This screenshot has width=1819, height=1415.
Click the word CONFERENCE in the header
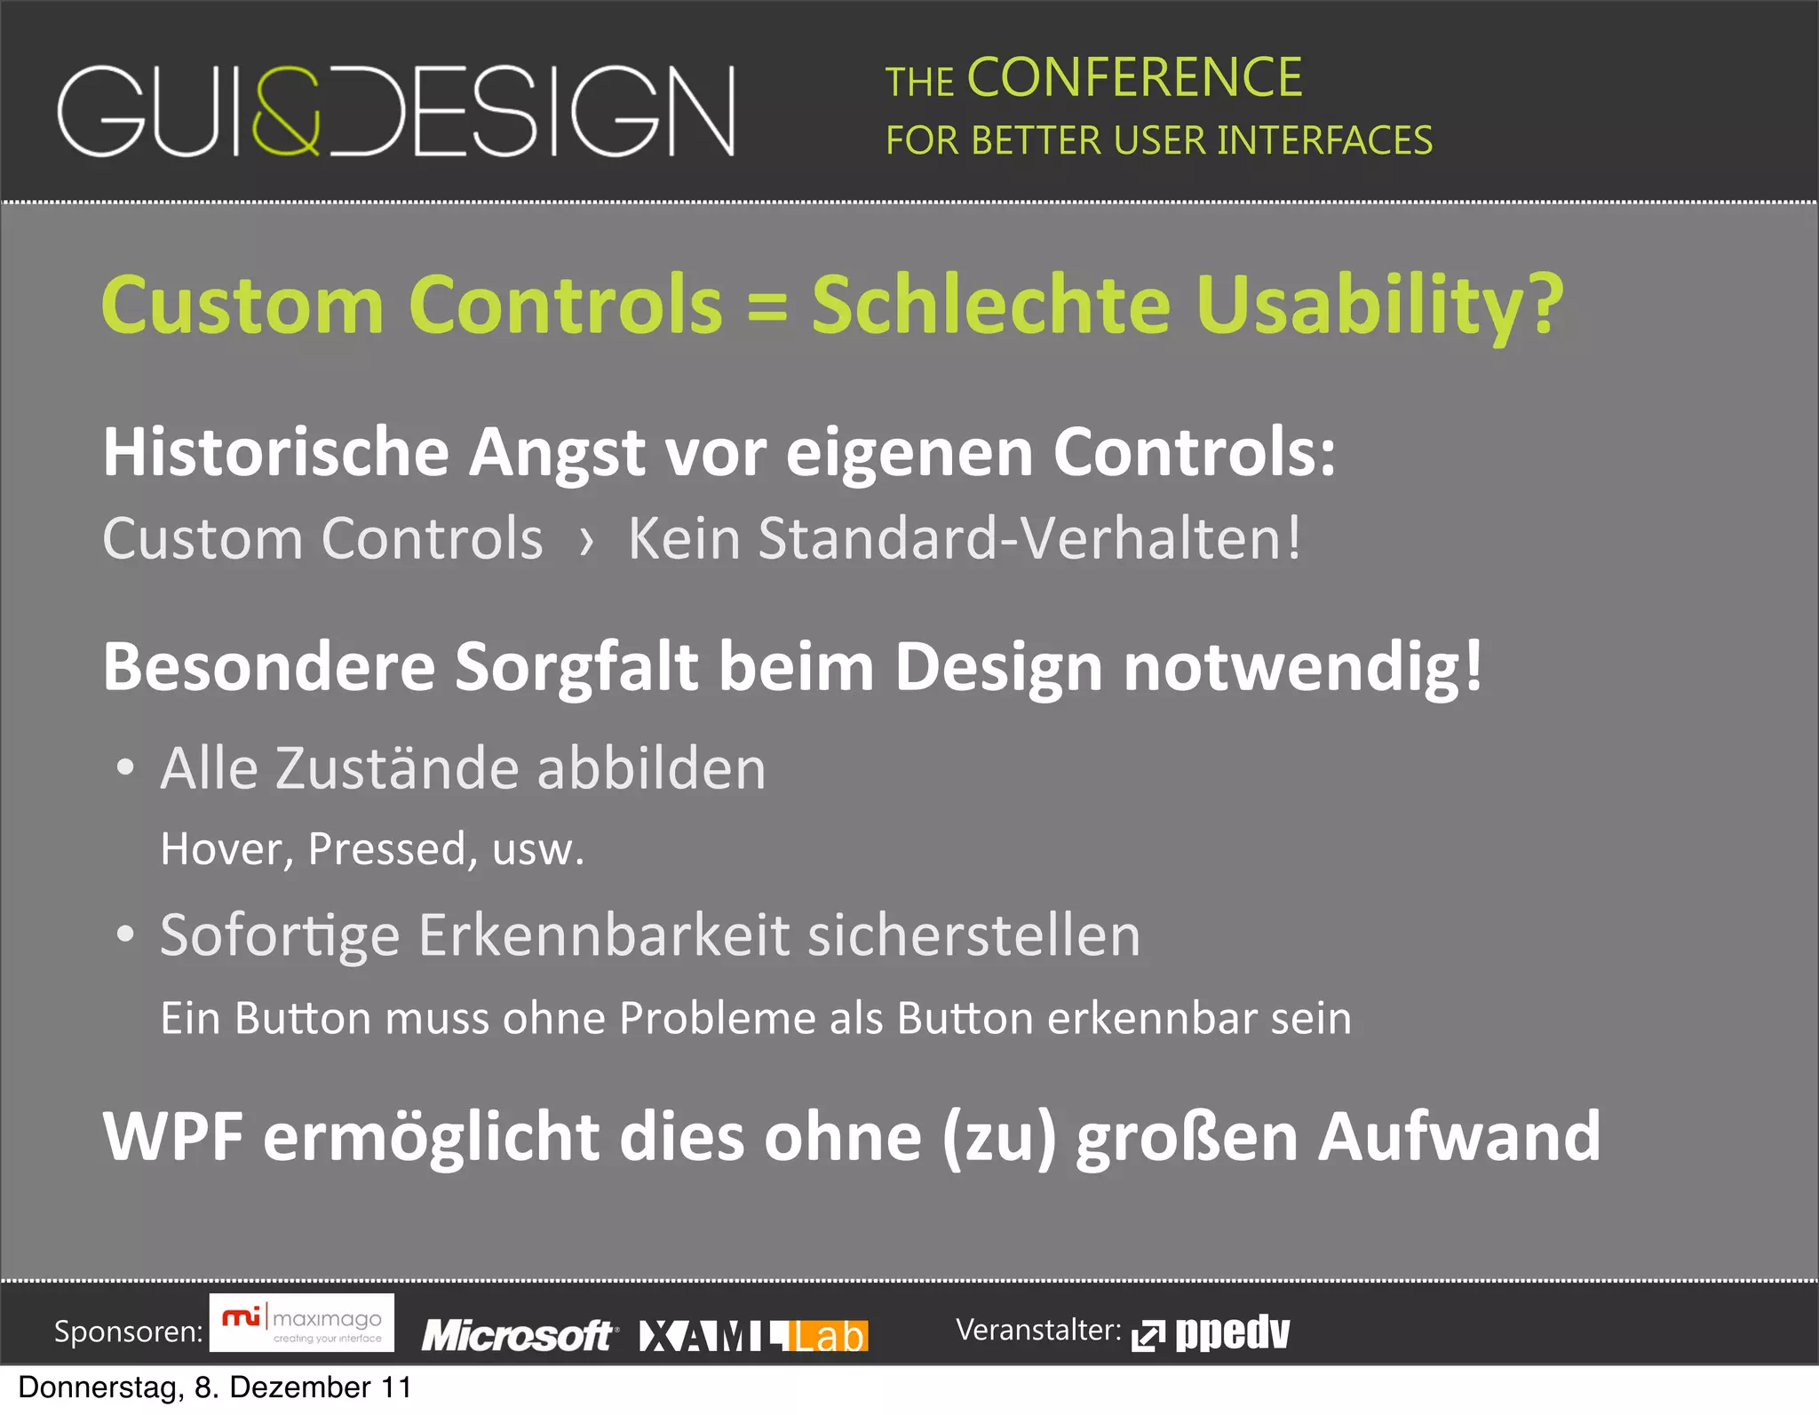[1134, 77]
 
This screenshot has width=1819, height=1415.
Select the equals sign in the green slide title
[767, 306]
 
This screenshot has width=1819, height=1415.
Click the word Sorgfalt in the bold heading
[577, 668]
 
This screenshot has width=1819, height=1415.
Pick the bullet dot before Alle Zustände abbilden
[126, 767]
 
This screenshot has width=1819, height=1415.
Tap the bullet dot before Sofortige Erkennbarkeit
[126, 934]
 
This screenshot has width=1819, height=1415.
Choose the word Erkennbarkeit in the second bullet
[604, 935]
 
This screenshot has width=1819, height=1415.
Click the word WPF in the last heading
[172, 1137]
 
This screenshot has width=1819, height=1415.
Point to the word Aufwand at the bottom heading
[1458, 1137]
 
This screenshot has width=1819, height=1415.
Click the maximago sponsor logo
[302, 1323]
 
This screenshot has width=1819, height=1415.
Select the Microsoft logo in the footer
[517, 1335]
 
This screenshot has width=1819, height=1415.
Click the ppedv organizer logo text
[1232, 1332]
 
